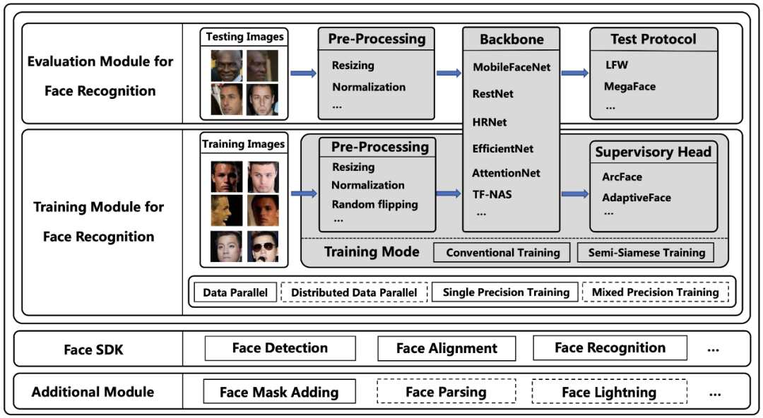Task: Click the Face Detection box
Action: pos(280,348)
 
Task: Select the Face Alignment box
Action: pos(446,349)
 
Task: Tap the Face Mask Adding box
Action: pos(279,392)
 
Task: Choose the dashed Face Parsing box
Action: pos(446,392)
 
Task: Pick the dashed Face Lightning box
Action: pos(609,393)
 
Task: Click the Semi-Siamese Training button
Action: pos(646,252)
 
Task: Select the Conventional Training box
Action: pos(502,252)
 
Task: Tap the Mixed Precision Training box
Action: pos(655,292)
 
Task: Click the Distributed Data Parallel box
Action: pos(354,292)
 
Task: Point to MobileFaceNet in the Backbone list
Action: pos(511,68)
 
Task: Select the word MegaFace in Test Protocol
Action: pos(629,86)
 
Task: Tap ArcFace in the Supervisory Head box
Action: pos(622,177)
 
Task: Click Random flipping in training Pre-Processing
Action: pos(374,204)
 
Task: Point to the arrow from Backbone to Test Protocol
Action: pos(575,72)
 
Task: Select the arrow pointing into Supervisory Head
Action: pos(575,193)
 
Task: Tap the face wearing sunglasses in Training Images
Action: pos(264,246)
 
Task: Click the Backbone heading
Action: pos(511,40)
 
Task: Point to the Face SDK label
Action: pos(93,349)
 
